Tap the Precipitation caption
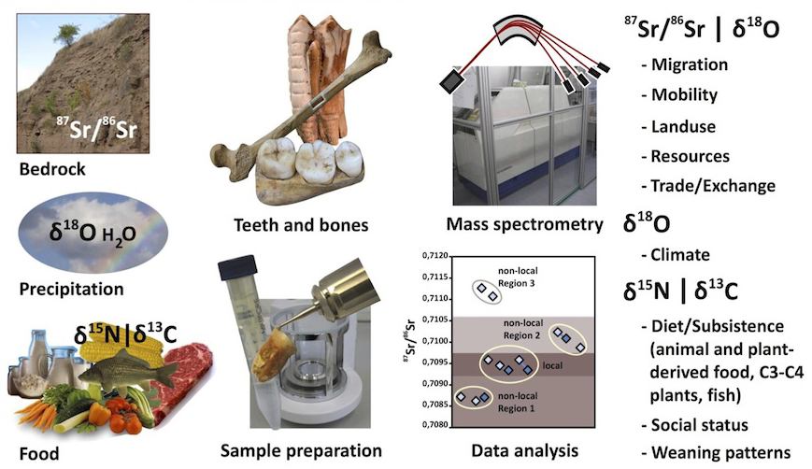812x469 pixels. pos(71,289)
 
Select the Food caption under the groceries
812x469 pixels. pos(38,454)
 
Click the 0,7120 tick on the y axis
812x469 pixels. pos(435,255)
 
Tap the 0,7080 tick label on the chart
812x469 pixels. pos(435,425)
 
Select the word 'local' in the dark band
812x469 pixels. pos(553,362)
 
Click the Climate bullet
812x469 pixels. pos(682,254)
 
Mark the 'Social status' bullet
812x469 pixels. pos(701,425)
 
